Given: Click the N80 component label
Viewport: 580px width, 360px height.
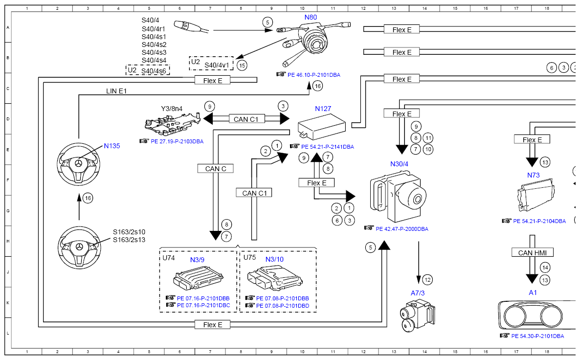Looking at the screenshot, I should coord(311,17).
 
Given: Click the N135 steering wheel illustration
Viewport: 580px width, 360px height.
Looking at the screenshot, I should coord(79,163).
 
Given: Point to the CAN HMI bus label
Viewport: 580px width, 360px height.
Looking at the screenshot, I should coord(533,253).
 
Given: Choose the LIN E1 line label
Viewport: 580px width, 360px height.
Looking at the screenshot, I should coord(116,90).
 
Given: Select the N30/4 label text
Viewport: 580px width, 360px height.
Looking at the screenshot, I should coord(399,163).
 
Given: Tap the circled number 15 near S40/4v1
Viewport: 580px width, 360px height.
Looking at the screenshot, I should coord(242,65).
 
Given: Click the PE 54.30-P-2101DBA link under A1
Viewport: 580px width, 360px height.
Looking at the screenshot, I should coord(537,336).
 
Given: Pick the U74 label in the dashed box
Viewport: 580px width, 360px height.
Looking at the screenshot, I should coord(169,258).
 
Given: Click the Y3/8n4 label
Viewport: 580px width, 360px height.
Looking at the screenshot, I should coord(172,109).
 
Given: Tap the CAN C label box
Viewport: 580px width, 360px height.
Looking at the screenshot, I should coord(216,169).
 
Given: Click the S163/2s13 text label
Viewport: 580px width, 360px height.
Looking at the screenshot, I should coord(129,240).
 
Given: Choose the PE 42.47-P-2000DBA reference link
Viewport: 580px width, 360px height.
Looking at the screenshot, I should coord(402,228).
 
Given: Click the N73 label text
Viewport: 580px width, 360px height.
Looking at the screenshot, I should coord(533,175).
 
